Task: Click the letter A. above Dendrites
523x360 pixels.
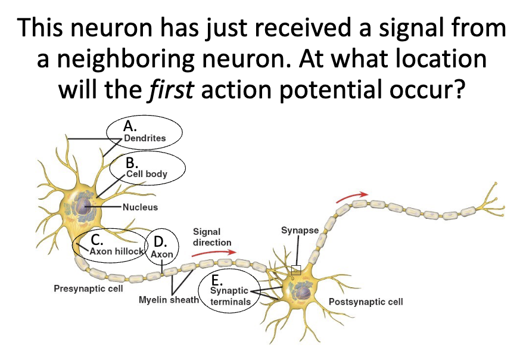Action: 130,126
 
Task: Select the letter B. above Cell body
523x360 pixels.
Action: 132,163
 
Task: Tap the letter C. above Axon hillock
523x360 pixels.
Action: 97,240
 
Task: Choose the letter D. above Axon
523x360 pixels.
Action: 160,242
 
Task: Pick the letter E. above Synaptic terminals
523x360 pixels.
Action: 217,280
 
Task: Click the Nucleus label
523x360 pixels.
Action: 140,207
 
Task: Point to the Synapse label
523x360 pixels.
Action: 300,230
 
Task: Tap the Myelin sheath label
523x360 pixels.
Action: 169,300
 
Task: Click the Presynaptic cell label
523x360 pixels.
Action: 88,288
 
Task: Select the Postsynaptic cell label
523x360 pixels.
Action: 366,302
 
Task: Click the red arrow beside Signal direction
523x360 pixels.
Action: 214,253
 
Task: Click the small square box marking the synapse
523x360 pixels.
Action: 296,270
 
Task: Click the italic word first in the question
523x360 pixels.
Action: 170,89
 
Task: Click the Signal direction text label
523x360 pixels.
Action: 212,237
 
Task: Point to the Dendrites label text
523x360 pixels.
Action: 145,138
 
